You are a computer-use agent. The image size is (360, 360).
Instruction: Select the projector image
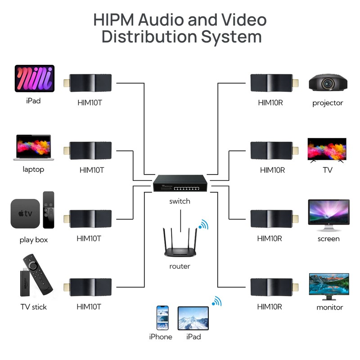328,83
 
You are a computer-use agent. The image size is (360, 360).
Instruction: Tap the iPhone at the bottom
162,318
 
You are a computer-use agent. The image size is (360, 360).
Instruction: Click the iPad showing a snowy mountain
193,319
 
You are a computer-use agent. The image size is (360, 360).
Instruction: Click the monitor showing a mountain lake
328,286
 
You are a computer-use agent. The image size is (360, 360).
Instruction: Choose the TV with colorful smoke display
327,149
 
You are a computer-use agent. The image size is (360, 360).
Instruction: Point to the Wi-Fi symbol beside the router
203,224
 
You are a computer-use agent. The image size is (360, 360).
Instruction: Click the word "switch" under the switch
180,201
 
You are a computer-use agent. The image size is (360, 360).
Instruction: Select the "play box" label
34,240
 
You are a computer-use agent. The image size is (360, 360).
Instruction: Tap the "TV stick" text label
34,307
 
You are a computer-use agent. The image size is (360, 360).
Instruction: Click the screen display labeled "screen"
328,212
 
